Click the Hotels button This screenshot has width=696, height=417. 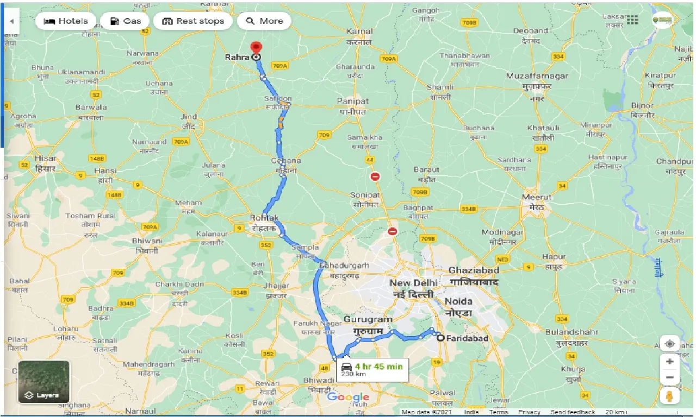tap(66, 21)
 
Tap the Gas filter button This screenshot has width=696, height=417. tap(126, 21)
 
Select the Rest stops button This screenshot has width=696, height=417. tap(193, 21)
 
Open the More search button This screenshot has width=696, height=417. tap(264, 21)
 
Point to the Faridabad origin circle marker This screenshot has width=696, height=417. tap(440, 338)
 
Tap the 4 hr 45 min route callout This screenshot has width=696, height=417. tap(371, 369)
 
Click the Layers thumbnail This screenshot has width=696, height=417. tap(43, 382)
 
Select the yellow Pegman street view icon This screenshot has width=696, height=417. tap(670, 396)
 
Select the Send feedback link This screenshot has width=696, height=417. tap(573, 412)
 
